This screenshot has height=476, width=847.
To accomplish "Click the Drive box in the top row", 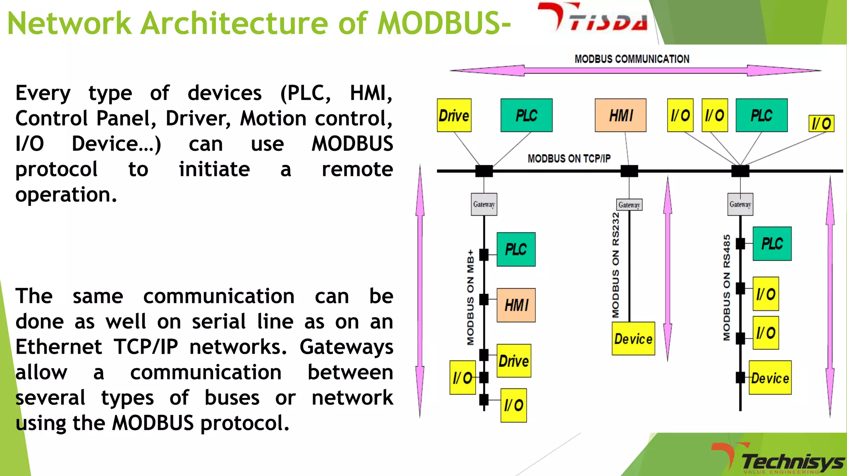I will [x=454, y=115].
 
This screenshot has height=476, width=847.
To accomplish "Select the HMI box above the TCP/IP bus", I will [x=620, y=115].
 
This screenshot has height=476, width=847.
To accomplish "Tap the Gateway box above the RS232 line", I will [x=629, y=205].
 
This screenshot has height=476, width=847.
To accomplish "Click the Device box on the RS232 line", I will [x=633, y=339].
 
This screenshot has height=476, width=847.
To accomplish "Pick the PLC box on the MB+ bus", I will [x=516, y=249].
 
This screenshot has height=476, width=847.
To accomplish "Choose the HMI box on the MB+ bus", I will [x=516, y=305].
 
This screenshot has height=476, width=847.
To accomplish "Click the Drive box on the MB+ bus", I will [x=513, y=361].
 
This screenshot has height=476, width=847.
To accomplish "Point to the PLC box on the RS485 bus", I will [x=772, y=243].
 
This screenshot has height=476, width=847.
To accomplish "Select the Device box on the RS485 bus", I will [x=770, y=378].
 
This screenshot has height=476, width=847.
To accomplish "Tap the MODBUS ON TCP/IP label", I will [x=569, y=159].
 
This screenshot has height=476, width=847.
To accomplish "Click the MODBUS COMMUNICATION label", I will [x=632, y=59].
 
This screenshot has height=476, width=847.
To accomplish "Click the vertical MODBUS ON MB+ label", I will [x=470, y=297].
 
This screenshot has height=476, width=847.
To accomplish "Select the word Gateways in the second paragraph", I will [x=346, y=347].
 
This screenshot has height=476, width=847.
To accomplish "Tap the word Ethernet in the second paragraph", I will [x=59, y=347].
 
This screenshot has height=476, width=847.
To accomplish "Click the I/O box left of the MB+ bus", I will [x=462, y=377].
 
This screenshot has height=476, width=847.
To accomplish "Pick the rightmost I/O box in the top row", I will [x=821, y=124].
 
